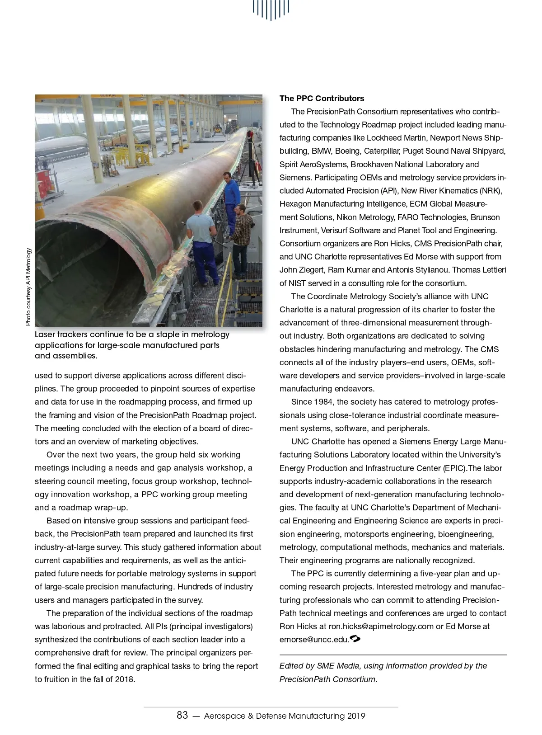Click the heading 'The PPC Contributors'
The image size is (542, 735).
pos(322,99)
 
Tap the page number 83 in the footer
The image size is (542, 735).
pos(182,716)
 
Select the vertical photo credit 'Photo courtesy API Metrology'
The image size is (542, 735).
pos(28,287)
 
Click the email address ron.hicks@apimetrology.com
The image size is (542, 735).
pos(381,627)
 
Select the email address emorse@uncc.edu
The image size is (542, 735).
pos(314,640)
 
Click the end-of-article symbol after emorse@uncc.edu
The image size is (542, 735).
pos(355,639)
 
